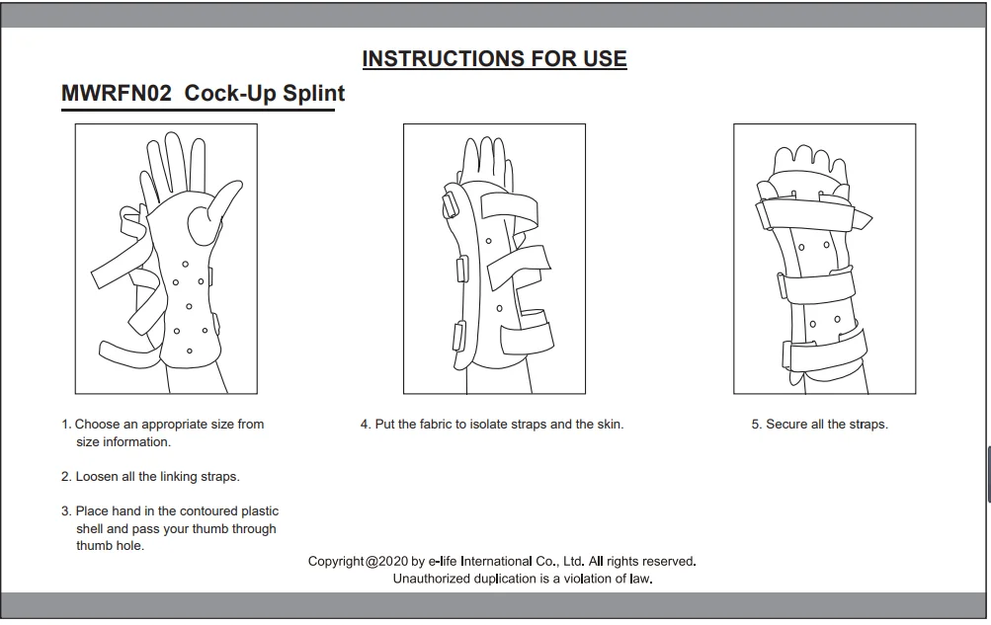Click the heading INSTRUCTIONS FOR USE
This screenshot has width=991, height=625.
494,58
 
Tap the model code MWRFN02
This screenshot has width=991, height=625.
117,94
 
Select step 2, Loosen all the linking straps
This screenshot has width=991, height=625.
150,477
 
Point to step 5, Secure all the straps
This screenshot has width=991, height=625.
820,425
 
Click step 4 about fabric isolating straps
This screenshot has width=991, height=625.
492,425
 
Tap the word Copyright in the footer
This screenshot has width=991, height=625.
336,561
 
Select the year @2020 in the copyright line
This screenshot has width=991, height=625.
386,561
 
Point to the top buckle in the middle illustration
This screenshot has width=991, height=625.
451,205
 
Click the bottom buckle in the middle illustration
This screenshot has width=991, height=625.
458,336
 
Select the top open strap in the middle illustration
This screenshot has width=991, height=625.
509,207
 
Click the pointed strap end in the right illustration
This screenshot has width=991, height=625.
863,219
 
